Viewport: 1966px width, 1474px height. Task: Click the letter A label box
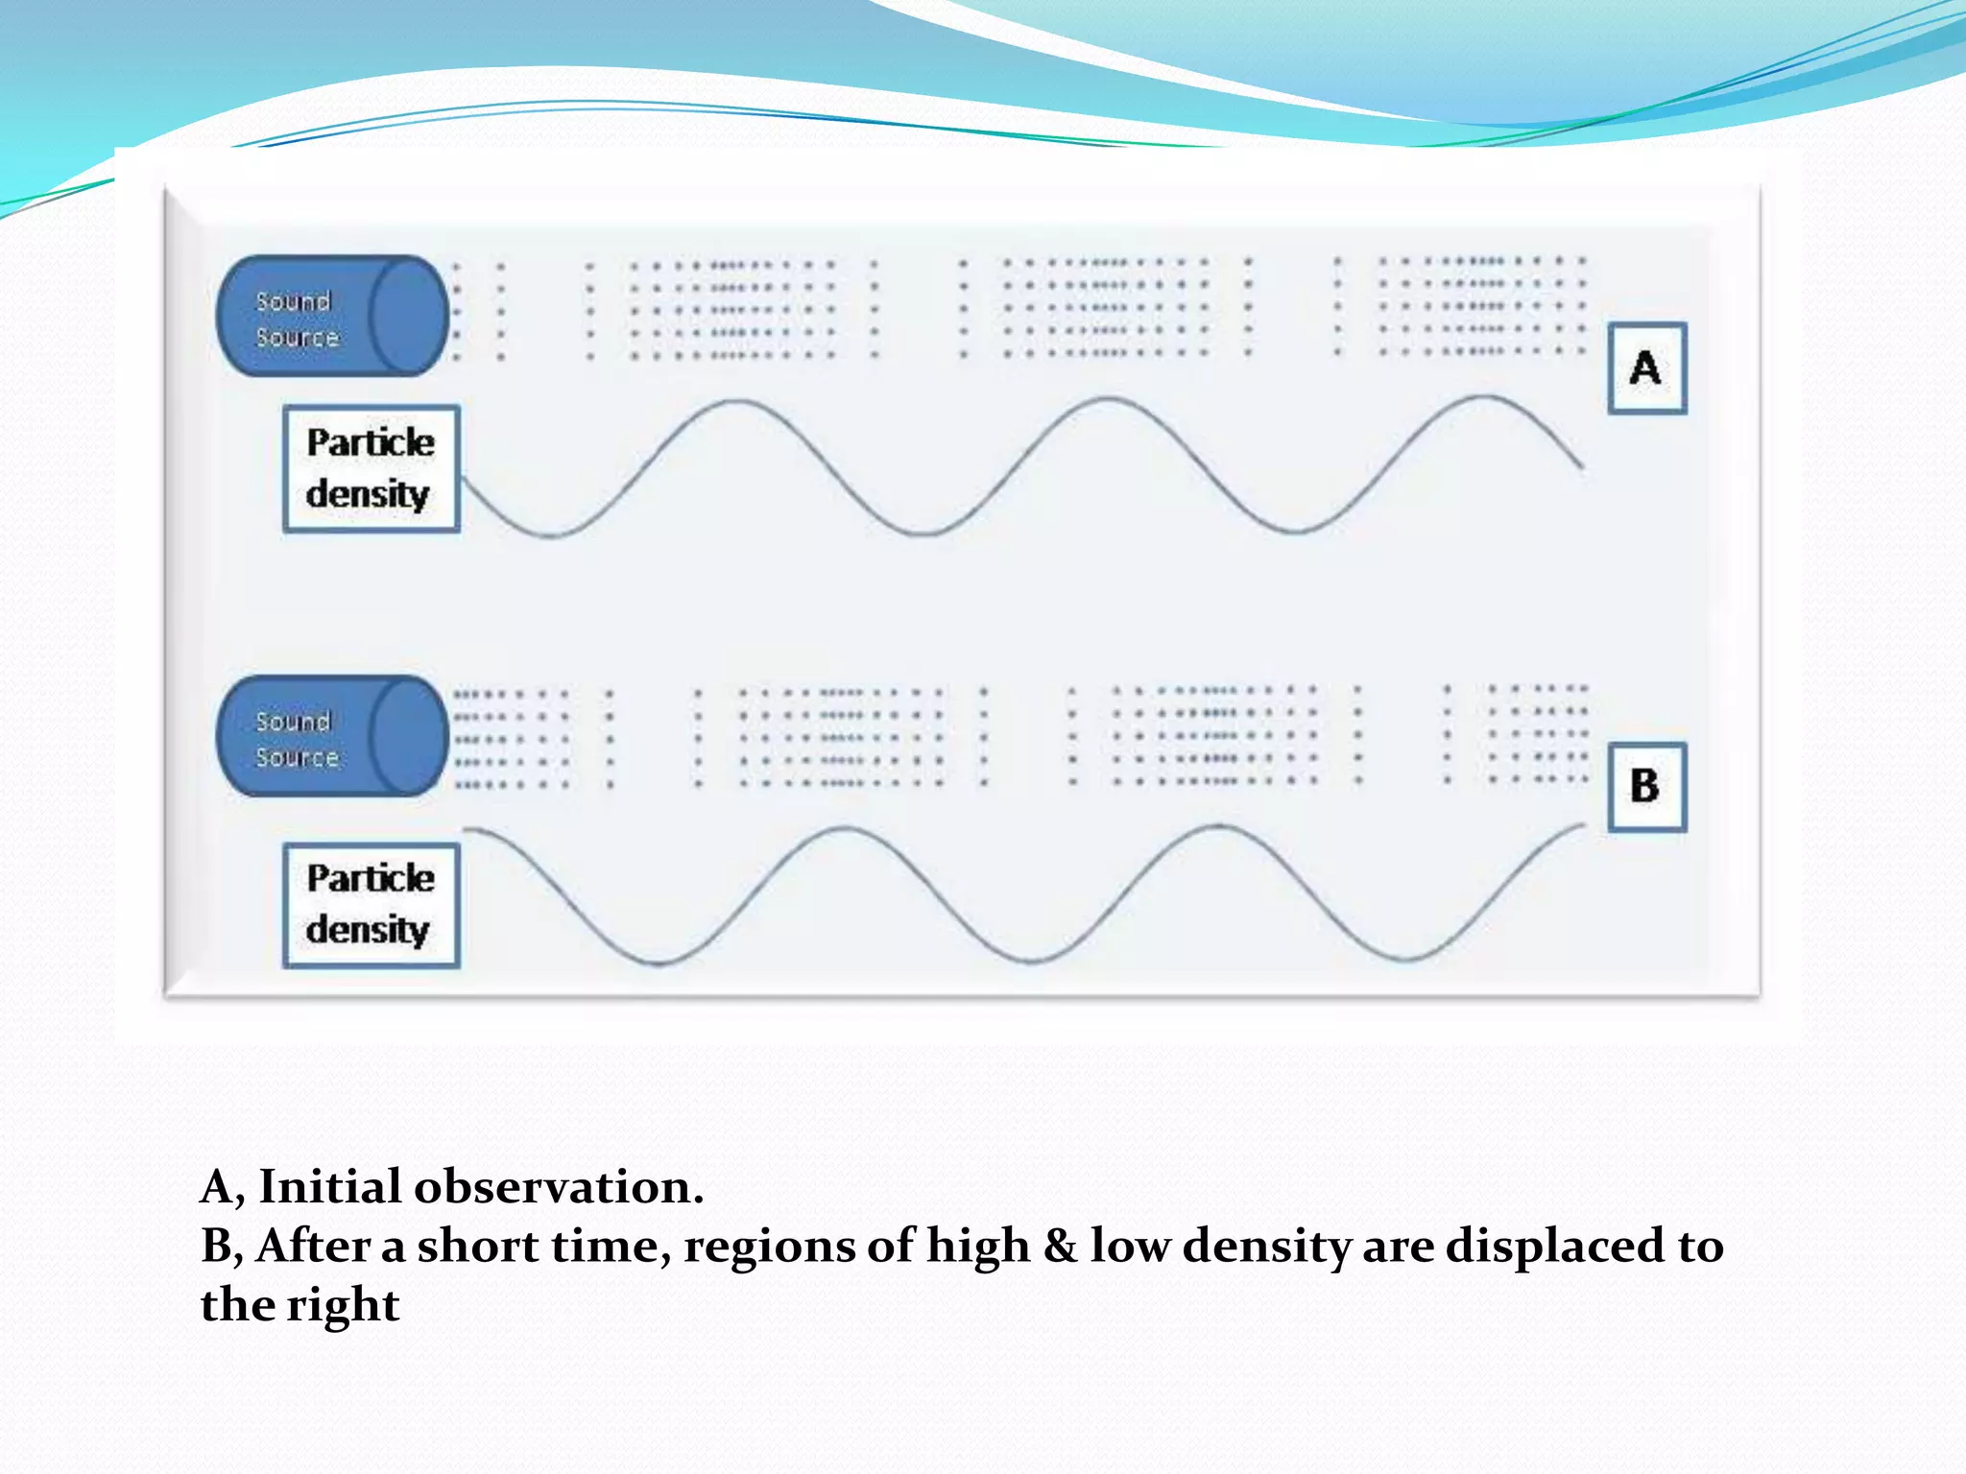coord(1647,368)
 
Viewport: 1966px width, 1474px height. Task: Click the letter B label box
coord(1647,787)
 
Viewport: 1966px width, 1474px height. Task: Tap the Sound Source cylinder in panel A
coord(332,316)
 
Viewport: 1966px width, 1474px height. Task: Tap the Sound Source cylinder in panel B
coord(332,736)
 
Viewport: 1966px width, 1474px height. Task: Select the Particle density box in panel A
coord(372,468)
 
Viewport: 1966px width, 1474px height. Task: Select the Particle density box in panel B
coord(372,905)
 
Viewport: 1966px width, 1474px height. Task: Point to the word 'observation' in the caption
coord(559,1187)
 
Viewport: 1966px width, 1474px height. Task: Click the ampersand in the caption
coord(1059,1246)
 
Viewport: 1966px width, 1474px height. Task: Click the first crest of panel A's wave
coord(734,402)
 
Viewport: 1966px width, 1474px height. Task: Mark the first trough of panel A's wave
coord(552,535)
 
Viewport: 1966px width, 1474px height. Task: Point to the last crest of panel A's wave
coord(1483,396)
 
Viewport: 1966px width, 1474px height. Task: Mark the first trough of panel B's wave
coord(660,962)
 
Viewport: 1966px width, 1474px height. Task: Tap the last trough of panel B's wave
coord(1404,958)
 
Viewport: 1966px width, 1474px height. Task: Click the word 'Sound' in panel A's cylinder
coord(293,301)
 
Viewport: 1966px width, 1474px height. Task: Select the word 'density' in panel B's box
coord(368,930)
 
